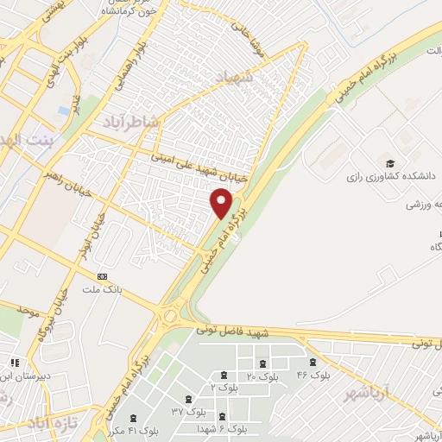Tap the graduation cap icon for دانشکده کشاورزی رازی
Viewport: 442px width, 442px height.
(389, 163)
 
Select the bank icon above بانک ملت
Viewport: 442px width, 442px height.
(104, 276)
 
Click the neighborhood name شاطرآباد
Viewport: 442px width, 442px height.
(130, 122)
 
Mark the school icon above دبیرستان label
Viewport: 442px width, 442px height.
(12, 363)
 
